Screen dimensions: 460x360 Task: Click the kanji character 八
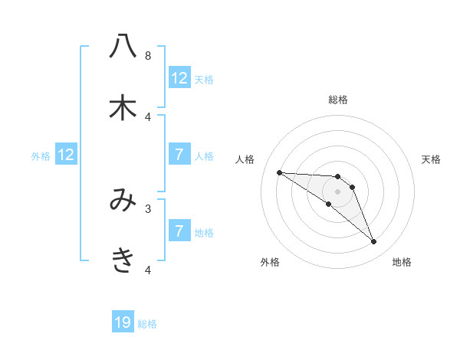(123, 47)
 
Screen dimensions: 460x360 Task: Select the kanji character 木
(123, 108)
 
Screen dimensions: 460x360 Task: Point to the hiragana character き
(123, 261)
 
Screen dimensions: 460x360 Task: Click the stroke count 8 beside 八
(148, 56)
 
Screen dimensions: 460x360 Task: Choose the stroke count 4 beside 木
(148, 116)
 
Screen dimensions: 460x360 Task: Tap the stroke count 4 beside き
(148, 270)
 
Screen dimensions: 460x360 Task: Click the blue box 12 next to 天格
(179, 77)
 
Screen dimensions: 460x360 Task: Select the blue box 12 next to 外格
(66, 154)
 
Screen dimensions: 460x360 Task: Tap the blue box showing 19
(123, 322)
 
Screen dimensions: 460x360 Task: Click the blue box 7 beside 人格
(179, 154)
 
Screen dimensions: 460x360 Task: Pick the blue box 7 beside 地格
(179, 231)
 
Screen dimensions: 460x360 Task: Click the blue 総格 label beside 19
(147, 324)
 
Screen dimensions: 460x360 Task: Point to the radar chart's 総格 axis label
(338, 100)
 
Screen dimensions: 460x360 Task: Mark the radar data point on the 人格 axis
(279, 172)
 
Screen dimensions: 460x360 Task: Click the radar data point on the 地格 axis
(374, 242)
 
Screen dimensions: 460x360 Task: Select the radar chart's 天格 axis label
(432, 159)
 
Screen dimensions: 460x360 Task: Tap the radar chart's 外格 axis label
(270, 262)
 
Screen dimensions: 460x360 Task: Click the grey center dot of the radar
(338, 191)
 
